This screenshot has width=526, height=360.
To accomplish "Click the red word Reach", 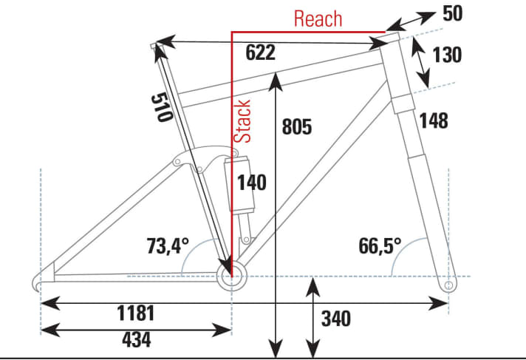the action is pos(318,18).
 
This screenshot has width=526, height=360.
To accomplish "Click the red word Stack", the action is pos(242,121).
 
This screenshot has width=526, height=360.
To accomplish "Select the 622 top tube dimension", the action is pos(260,52).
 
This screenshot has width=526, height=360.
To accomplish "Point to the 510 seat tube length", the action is pos(162,108).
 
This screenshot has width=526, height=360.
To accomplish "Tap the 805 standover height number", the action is pos(297,127).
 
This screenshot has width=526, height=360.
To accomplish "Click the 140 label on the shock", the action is pos(252,183).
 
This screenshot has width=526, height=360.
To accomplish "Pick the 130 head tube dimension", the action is pos(447,55).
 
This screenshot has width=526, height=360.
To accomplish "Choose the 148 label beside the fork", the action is pos(434,120).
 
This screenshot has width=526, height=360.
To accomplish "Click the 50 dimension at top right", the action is pos(453,14).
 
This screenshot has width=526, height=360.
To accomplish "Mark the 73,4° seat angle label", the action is pos(168,246).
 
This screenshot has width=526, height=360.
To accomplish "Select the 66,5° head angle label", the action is pos(380,246).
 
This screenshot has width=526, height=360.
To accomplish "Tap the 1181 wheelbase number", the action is pos(136,313).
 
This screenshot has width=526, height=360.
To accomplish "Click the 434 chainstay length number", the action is pos(137,339).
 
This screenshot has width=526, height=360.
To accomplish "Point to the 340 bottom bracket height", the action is pos(336,319).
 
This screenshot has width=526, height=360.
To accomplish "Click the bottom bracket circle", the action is pos(232,276).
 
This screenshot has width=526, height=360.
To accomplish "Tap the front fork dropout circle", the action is pos(448,285).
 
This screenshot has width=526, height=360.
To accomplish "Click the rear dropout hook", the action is pos(38,282).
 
